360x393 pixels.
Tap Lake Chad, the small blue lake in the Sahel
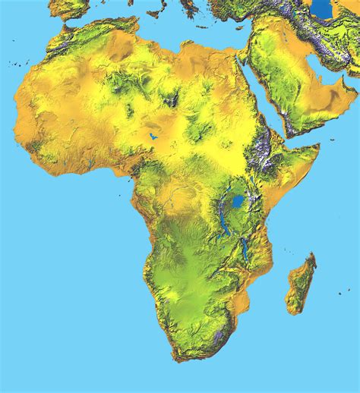(x=153, y=137)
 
